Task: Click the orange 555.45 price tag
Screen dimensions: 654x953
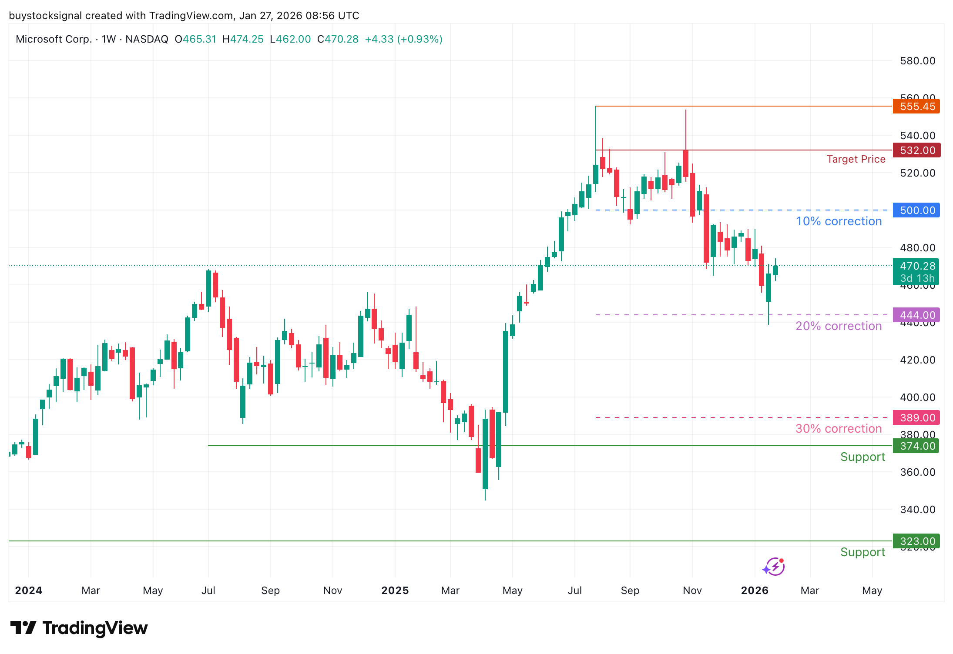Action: coord(916,107)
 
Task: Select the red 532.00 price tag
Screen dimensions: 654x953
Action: coord(916,150)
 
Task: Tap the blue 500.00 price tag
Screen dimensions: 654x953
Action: coord(916,210)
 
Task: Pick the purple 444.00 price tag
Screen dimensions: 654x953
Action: coord(916,315)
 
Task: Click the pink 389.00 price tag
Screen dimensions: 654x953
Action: coord(916,417)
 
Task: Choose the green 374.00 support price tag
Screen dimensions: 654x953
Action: coord(916,446)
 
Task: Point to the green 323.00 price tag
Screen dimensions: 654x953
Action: coord(916,541)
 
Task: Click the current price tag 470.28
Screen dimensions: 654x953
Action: coord(916,266)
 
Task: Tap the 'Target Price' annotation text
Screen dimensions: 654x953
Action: coord(856,159)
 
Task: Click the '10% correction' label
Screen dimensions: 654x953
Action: coord(839,221)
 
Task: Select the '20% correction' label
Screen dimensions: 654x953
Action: coord(839,326)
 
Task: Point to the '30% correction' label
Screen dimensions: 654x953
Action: coord(839,429)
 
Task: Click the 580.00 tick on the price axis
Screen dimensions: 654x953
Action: coord(917,61)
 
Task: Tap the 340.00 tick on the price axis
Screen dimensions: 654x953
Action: coord(917,509)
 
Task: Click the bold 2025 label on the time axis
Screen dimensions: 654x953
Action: coord(395,591)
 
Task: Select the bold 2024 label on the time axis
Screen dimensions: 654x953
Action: coord(29,591)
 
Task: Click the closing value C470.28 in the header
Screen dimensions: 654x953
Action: coord(338,39)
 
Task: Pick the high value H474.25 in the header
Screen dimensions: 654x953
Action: coord(243,39)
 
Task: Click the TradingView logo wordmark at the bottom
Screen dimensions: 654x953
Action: coord(79,628)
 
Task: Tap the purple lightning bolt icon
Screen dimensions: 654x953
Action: coord(774,567)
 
